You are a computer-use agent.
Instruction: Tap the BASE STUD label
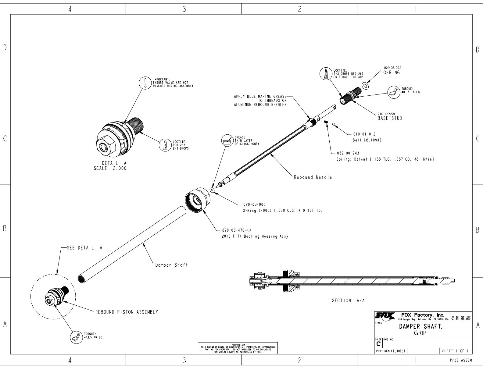pyautogui.click(x=389, y=119)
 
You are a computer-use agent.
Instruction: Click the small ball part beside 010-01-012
pyautogui.click(x=334, y=124)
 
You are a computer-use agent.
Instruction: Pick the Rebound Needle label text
pyautogui.click(x=313, y=177)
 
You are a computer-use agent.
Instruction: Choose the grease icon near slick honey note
pyautogui.click(x=227, y=141)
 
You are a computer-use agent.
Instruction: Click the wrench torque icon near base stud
pyautogui.click(x=393, y=92)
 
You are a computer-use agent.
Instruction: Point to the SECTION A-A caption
pyautogui.click(x=348, y=301)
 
